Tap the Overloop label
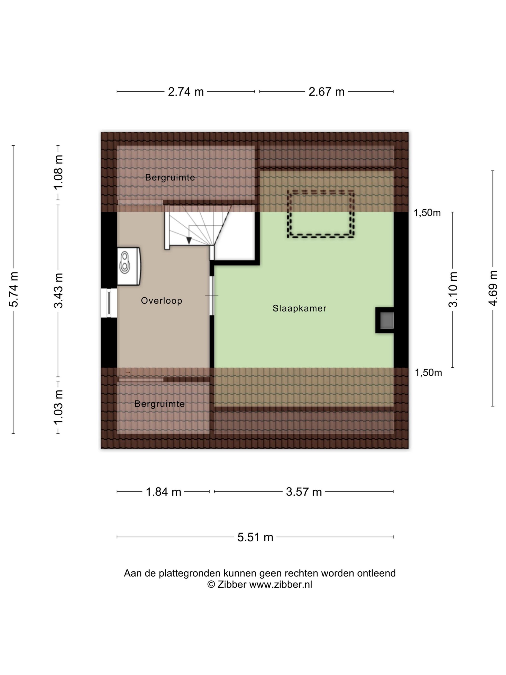coord(162,301)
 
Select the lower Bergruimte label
coord(160,404)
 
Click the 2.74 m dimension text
coord(186,92)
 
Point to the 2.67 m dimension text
coord(326,92)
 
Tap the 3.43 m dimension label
coord(59,290)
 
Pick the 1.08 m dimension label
coord(59,172)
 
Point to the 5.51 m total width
coord(255,537)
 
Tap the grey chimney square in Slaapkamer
coord(387,320)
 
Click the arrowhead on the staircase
coord(189,240)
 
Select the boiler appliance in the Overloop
coord(129,266)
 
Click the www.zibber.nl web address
coord(281,584)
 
